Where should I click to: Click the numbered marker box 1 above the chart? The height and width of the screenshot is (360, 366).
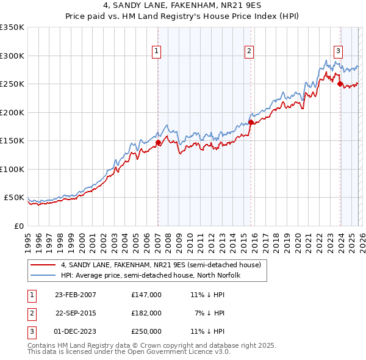click(157, 52)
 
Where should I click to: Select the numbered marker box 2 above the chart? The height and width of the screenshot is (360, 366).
click(250, 52)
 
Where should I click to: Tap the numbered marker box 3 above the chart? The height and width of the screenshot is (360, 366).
click(338, 52)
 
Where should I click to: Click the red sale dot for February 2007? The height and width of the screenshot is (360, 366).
click(158, 143)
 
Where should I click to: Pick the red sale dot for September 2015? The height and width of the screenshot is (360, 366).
click(251, 123)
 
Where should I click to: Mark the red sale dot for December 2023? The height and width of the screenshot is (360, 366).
click(340, 84)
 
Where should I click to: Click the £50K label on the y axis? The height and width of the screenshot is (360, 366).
click(14, 198)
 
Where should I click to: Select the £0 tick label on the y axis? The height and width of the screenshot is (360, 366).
click(18, 226)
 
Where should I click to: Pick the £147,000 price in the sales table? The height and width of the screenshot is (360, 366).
click(146, 295)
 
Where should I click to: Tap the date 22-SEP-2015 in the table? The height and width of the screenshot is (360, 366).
click(75, 313)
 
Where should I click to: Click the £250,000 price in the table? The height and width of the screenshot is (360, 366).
click(146, 331)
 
